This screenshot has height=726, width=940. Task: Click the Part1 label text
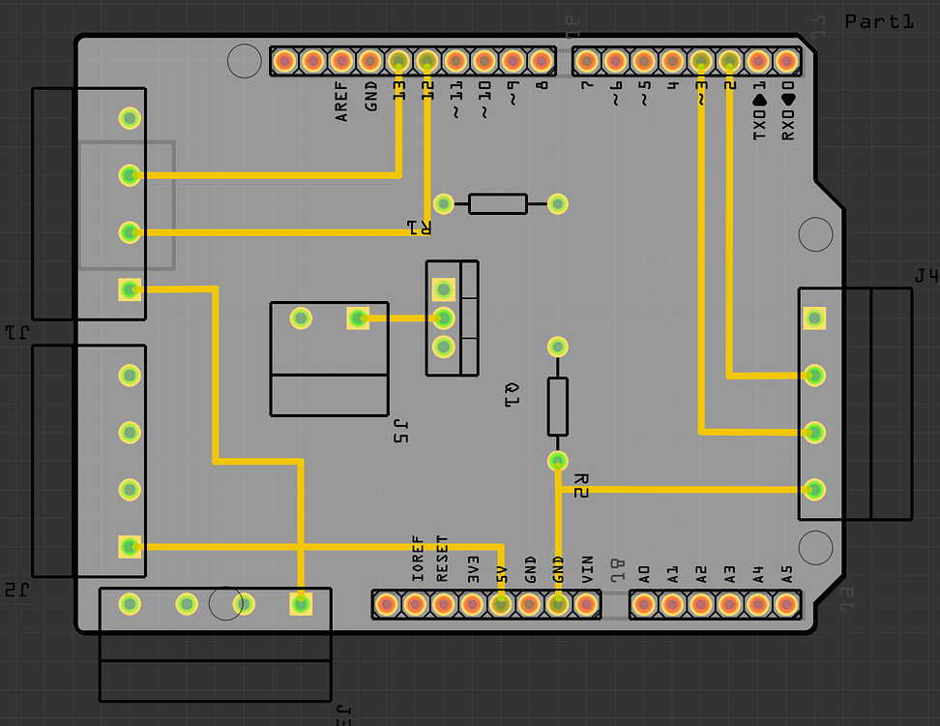[878, 20]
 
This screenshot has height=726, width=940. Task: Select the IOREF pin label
[418, 559]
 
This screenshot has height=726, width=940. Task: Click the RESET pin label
[443, 559]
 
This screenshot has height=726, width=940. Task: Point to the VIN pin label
[586, 567]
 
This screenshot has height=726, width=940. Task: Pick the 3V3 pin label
[473, 567]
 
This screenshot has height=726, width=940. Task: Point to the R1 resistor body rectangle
[498, 203]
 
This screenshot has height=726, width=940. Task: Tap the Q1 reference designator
[513, 394]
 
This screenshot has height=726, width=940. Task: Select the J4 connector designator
[925, 277]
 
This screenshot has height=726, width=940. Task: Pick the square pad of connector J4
[814, 318]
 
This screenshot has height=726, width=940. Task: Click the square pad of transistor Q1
[444, 288]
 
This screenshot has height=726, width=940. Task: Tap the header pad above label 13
[398, 61]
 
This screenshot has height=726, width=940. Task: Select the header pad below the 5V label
[500, 605]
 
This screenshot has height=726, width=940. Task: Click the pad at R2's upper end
[557, 347]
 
